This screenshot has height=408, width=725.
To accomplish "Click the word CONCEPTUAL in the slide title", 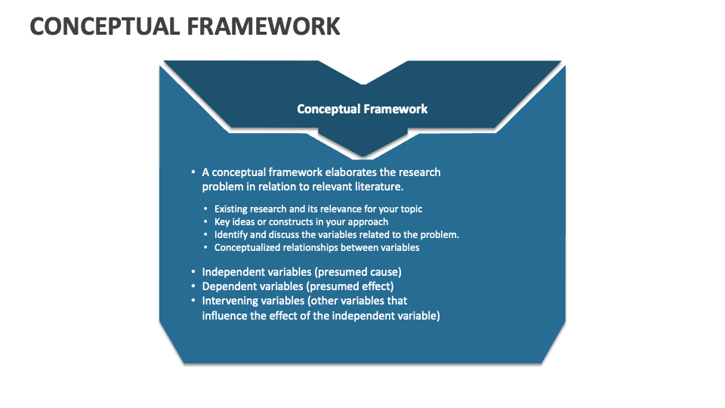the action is [104, 26].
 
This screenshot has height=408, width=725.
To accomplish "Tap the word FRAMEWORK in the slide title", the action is [264, 26].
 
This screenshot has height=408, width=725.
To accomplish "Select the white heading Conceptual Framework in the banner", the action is [362, 109].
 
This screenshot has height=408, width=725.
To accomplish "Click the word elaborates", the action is [351, 172].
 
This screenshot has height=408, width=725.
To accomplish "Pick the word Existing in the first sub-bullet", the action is [232, 209].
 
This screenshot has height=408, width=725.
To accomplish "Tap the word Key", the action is [222, 222].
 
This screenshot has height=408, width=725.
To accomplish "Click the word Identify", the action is [231, 235].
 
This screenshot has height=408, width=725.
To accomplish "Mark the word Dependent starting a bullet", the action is [227, 286].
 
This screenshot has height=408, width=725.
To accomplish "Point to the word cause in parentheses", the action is [386, 272].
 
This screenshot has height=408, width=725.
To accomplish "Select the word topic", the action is [411, 209].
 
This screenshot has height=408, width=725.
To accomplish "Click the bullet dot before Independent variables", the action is [193, 271].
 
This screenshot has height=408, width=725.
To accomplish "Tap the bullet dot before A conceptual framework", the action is [193, 172].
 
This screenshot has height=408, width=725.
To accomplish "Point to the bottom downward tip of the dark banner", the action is [363, 156].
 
